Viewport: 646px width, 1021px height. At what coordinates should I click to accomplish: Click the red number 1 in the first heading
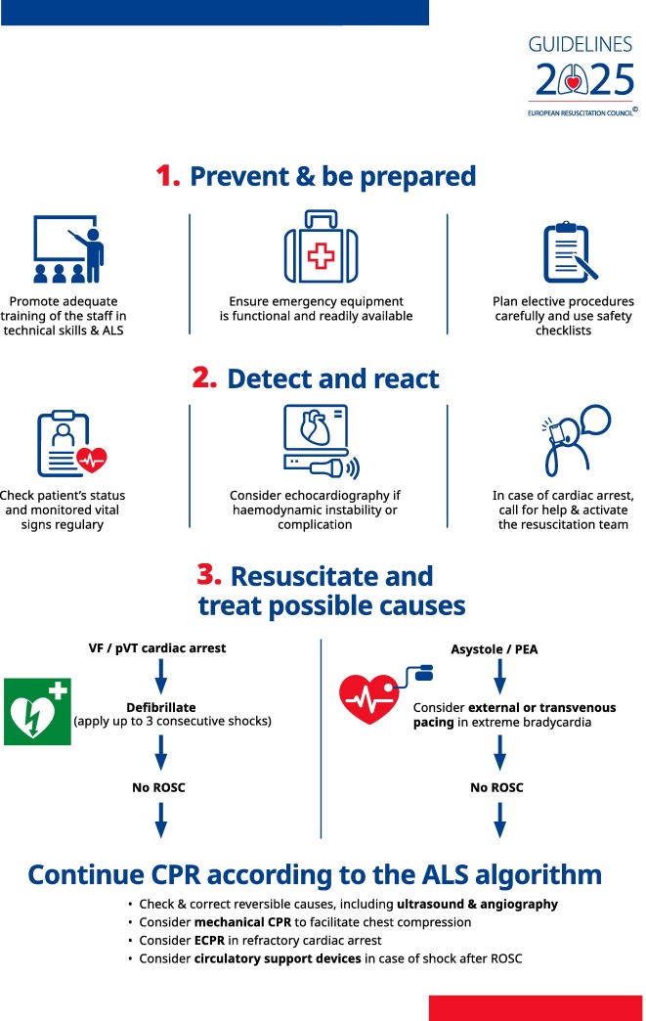[x=169, y=177]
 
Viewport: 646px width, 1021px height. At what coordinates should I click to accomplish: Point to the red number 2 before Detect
[x=204, y=377]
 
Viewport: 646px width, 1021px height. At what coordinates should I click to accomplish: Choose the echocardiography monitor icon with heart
[x=319, y=445]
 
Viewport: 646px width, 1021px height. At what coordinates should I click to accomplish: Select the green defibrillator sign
[x=37, y=711]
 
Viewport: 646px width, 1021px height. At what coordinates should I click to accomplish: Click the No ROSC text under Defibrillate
[x=157, y=787]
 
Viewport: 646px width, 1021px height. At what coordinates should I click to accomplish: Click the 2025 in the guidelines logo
[x=581, y=80]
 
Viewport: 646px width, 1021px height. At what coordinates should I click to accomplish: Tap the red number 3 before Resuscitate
[x=210, y=575]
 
